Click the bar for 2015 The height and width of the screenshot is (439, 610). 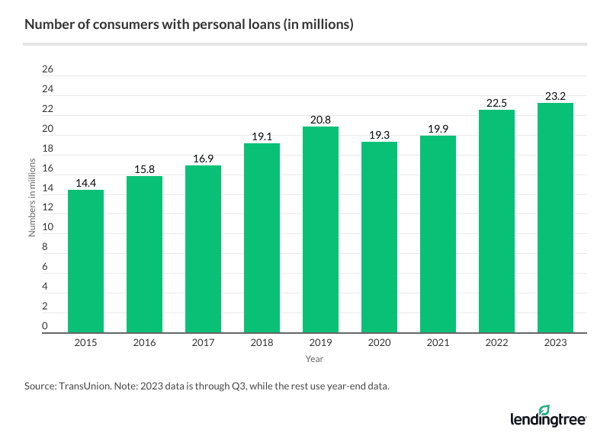coord(85,261)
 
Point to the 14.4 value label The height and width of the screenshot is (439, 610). coord(85,184)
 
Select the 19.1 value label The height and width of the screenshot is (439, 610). coord(262,137)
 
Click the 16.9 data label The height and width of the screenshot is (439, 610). coord(203,159)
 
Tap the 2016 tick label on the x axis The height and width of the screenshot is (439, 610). coord(144,343)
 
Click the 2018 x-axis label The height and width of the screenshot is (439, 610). coord(262,343)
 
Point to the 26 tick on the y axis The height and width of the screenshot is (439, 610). coord(47,69)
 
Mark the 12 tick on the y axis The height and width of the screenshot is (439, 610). coord(47,208)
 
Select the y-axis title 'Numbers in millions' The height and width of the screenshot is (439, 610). coord(32,198)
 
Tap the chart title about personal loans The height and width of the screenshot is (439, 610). coord(188,24)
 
